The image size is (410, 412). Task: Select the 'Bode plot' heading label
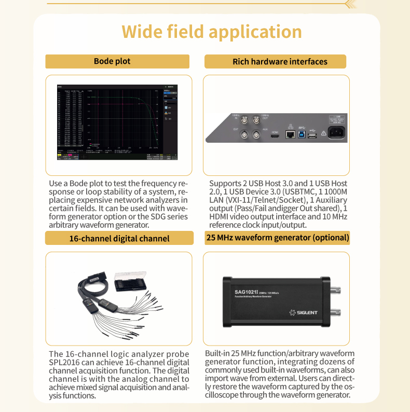coord(112,61)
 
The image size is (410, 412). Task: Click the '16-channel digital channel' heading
coord(119,238)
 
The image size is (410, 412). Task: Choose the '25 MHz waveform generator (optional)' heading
coord(277,238)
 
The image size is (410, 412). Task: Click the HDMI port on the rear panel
coord(275,136)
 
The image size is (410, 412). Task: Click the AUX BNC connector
coord(256,136)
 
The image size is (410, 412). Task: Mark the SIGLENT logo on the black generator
coord(304,312)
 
